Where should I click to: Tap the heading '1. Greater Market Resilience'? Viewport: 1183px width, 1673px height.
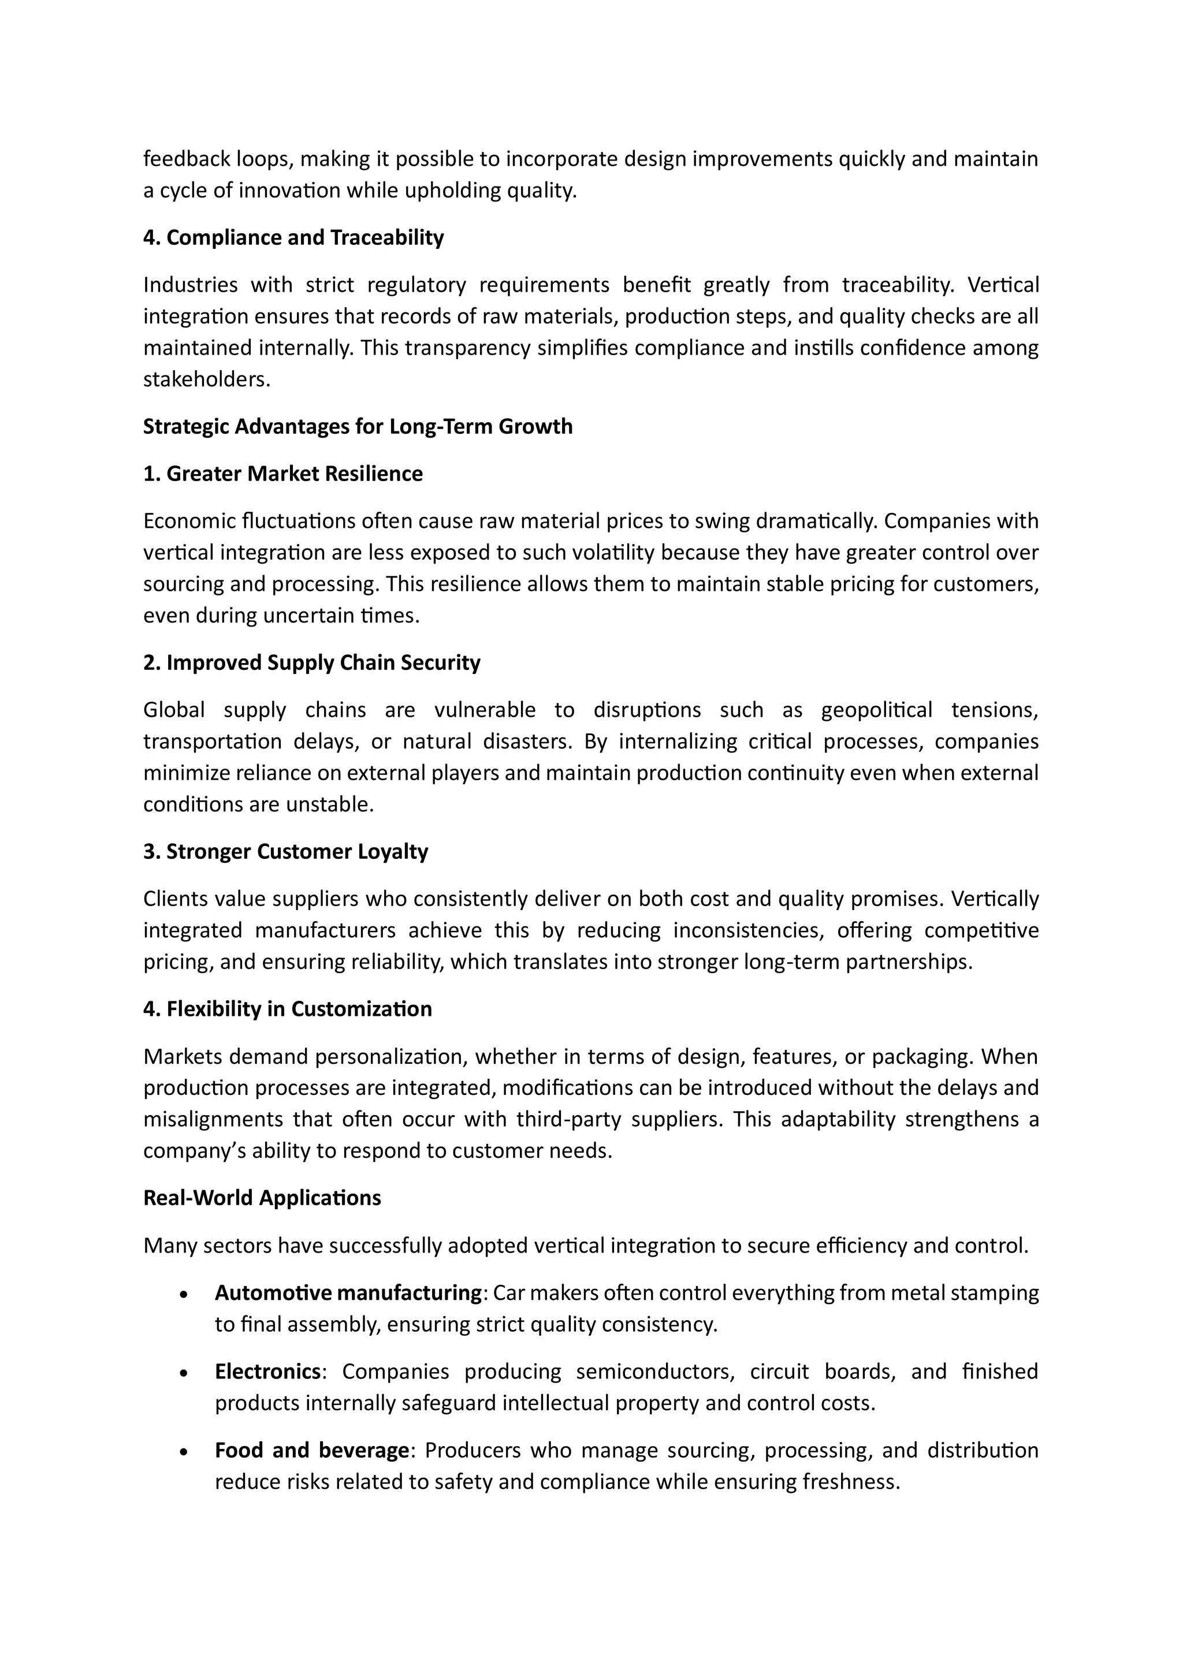pyautogui.click(x=283, y=474)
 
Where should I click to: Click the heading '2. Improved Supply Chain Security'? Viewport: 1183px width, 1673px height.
pyautogui.click(x=311, y=662)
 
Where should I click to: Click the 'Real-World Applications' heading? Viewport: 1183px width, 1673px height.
pyautogui.click(x=262, y=1198)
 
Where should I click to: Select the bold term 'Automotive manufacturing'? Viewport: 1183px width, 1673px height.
pyautogui.click(x=348, y=1292)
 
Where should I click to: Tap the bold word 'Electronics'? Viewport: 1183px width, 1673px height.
pyautogui.click(x=267, y=1372)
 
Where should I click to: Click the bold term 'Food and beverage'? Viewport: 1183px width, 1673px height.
pyautogui.click(x=311, y=1450)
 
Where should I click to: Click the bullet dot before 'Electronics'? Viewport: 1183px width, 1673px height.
pyautogui.click(x=184, y=1373)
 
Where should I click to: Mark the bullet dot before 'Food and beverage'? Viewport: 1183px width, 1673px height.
pyautogui.click(x=184, y=1451)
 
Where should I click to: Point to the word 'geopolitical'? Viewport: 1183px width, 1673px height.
pyautogui.click(x=876, y=710)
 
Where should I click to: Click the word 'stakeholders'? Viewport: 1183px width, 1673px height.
pyautogui.click(x=206, y=379)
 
